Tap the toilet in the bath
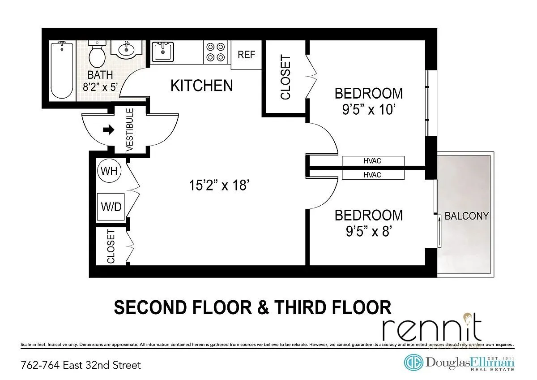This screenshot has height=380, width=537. [x=97, y=54]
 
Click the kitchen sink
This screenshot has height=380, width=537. [x=162, y=52]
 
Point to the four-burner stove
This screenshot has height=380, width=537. [x=215, y=52]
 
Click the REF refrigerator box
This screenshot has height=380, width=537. [x=246, y=55]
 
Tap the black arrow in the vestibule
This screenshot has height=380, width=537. [x=108, y=130]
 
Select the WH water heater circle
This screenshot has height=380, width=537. [x=109, y=171]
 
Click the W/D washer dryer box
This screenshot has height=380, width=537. [x=111, y=207]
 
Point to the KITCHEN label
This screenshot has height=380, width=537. [x=201, y=85]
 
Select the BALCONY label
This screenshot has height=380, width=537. [x=466, y=216]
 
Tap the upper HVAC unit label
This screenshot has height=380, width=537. [x=372, y=161]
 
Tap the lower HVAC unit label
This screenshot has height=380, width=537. [x=372, y=175]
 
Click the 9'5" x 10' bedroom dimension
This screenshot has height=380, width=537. [x=369, y=109]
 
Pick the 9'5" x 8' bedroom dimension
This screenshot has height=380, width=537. [x=369, y=231]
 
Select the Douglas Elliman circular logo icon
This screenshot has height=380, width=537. [x=413, y=363]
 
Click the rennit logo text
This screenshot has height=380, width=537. [x=432, y=329]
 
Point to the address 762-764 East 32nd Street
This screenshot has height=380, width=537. [x=81, y=365]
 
